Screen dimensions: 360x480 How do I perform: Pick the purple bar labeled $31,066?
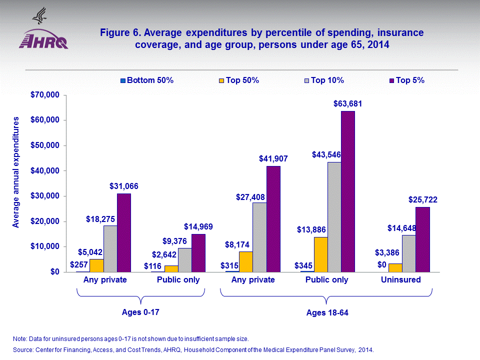[123, 232]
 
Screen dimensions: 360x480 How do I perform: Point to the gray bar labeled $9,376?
[185, 260]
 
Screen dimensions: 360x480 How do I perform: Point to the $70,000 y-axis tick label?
[45, 95]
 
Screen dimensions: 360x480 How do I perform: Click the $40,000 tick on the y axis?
[45, 171]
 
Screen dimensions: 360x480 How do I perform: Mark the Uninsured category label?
[400, 280]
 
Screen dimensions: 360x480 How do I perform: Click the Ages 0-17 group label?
[140, 312]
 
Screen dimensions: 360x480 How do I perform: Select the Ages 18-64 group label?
[326, 313]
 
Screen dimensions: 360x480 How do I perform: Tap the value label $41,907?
[273, 159]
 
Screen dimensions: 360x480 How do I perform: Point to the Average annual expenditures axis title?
[16, 172]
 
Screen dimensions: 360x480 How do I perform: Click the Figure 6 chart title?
[261, 38]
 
